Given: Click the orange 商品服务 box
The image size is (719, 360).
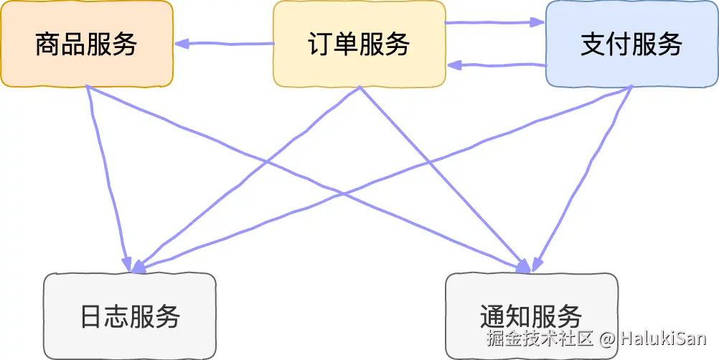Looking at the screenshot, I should [86, 44].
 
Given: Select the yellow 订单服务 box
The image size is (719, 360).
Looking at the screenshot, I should [359, 44].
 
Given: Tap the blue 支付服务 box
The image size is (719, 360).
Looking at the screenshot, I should [631, 44].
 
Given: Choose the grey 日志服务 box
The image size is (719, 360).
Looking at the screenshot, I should [129, 316].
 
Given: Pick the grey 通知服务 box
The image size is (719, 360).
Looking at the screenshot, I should [531, 316].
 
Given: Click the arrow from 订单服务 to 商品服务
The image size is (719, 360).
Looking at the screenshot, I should [230, 44].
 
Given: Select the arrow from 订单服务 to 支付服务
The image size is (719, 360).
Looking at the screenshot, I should [495, 23].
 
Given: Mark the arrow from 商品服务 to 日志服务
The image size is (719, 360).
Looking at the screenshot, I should [108, 179].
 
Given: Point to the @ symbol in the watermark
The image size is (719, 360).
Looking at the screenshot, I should [608, 338].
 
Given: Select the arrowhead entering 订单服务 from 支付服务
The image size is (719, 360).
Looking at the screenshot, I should [454, 65].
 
